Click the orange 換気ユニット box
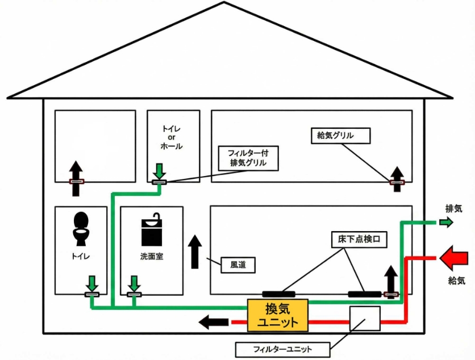277,316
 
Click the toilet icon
81,227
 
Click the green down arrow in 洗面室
135,283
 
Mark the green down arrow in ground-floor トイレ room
91,282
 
